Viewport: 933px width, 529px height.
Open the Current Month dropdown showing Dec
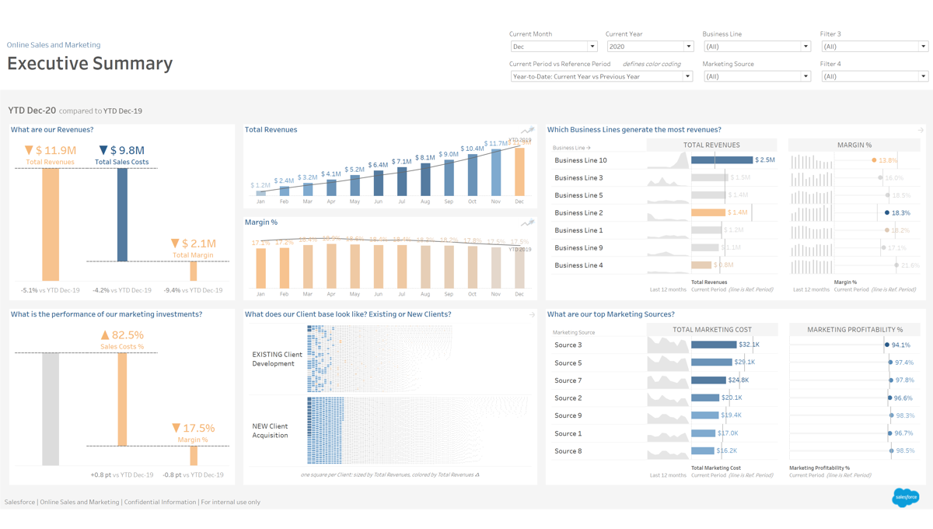click(553, 47)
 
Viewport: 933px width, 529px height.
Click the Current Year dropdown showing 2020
click(649, 47)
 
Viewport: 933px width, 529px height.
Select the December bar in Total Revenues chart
click(519, 171)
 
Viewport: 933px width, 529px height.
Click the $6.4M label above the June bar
click(379, 165)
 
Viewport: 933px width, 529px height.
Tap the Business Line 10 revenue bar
click(722, 160)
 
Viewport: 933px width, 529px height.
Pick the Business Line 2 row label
click(578, 212)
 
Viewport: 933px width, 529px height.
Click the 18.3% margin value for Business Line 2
click(901, 212)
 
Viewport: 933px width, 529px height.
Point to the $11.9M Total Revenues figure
click(56, 150)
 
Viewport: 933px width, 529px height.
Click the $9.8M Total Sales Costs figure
click(128, 150)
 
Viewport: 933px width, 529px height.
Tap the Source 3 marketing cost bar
click(714, 345)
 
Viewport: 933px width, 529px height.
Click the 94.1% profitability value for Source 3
click(901, 345)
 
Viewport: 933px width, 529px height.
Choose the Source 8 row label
click(568, 451)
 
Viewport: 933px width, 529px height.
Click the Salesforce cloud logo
click(905, 496)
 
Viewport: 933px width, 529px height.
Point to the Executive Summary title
click(90, 64)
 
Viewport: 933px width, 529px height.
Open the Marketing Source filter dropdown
click(757, 76)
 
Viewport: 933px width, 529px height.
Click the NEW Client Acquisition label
click(271, 431)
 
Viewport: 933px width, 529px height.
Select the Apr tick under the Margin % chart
click(331, 294)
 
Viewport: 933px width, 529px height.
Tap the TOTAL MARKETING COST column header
click(711, 330)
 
